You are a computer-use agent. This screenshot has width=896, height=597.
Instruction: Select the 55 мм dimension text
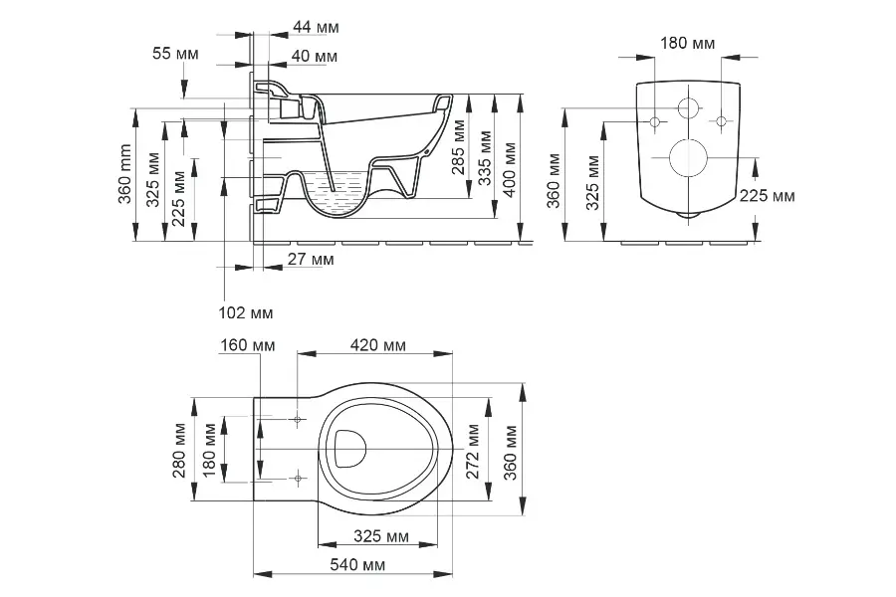(176, 54)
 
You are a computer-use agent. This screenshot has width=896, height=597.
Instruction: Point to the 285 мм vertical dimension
(458, 147)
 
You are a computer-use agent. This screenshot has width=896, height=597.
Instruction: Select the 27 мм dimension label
(310, 260)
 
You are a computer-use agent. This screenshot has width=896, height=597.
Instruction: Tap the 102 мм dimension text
(245, 312)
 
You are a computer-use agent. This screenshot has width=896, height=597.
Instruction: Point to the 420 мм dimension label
(379, 345)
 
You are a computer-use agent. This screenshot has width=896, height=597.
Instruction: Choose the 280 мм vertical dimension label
(180, 450)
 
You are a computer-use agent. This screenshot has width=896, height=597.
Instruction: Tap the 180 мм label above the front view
(688, 43)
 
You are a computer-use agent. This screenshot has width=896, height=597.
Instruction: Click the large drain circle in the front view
(688, 156)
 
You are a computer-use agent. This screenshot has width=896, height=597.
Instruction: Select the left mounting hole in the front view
(655, 121)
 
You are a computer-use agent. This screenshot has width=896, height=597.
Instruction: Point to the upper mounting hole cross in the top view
(298, 419)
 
